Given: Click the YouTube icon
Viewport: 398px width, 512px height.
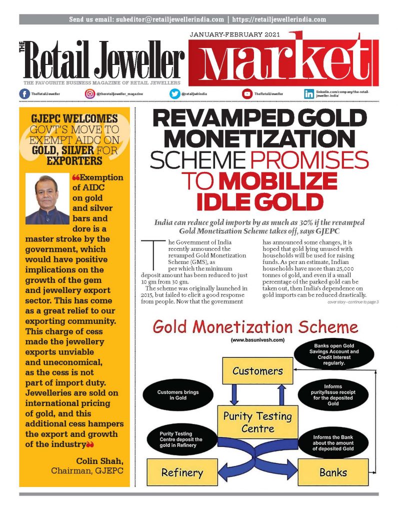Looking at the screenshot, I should coord(247,93).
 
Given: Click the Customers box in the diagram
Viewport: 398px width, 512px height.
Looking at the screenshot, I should coord(257,371).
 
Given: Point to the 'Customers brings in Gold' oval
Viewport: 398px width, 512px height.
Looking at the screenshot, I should coord(178,396).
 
